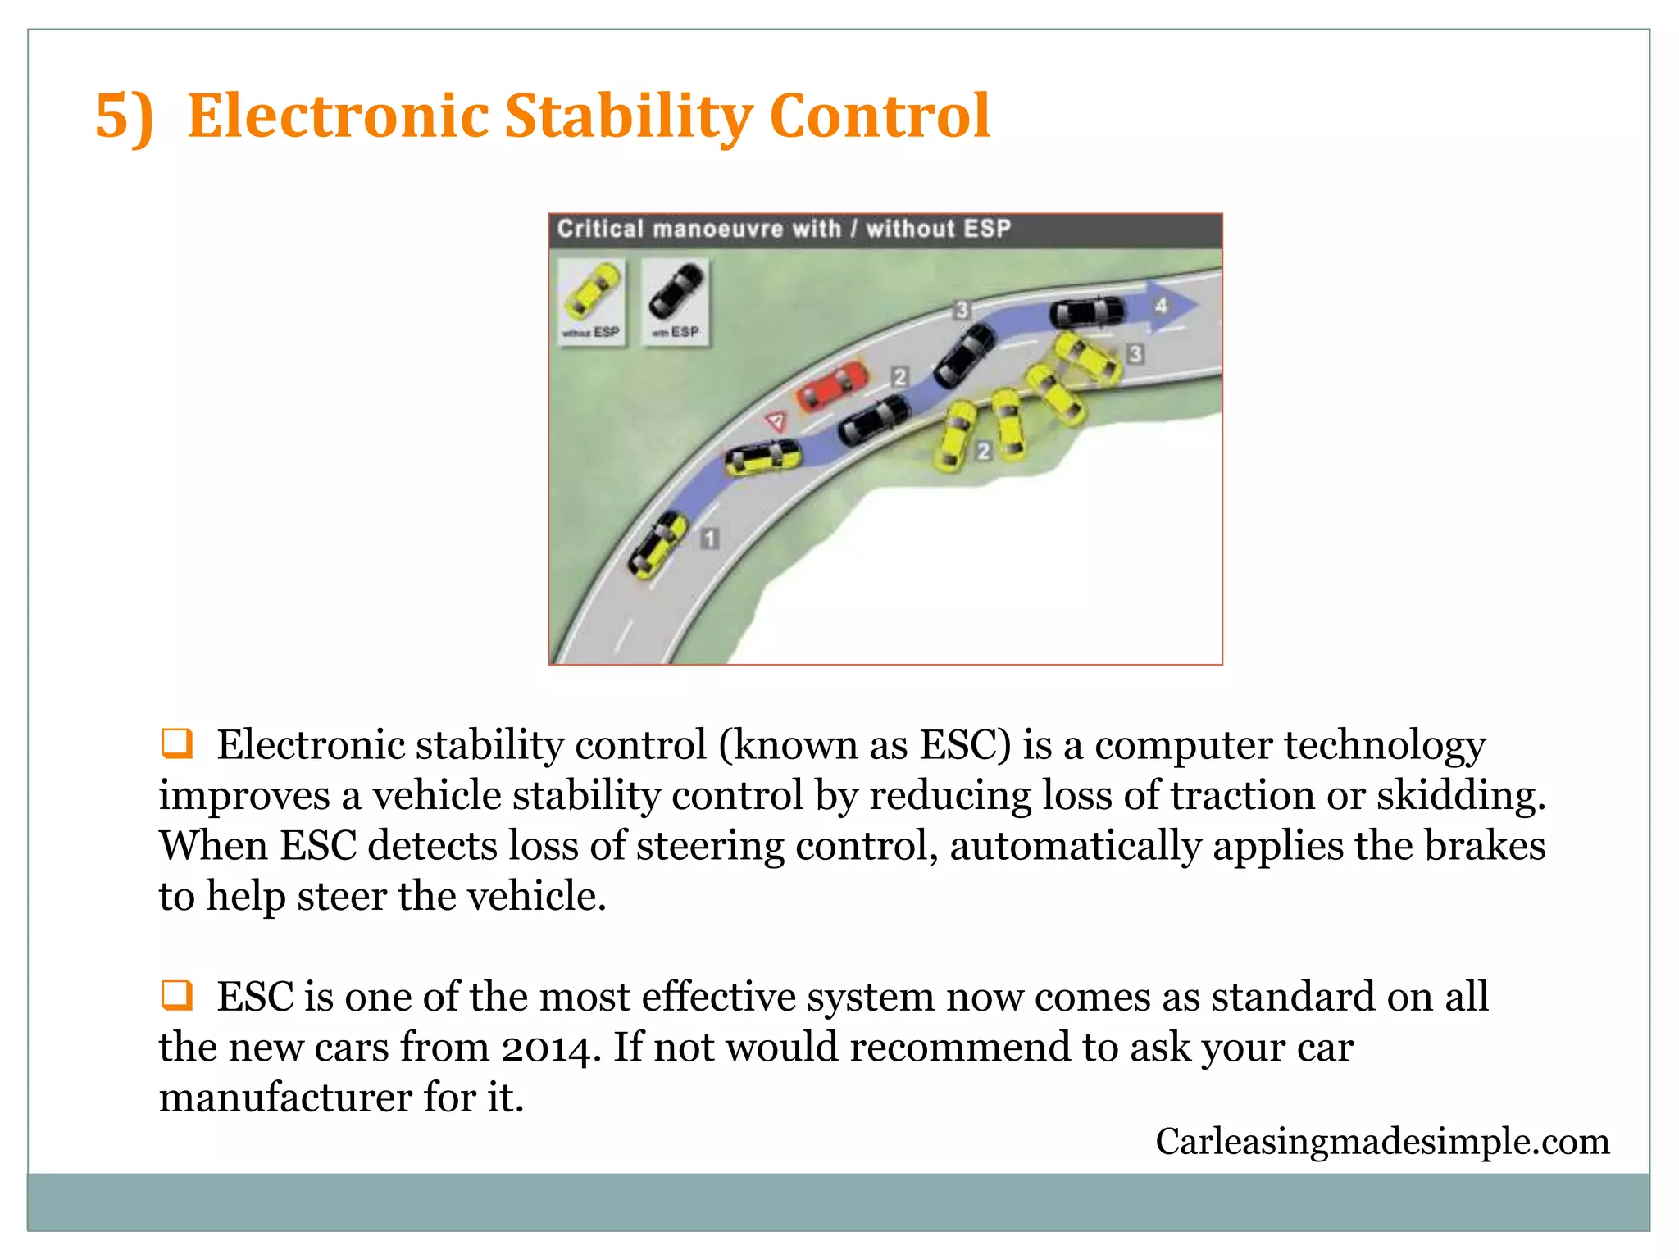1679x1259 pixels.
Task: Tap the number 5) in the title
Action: (124, 116)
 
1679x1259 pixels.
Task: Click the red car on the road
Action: (831, 385)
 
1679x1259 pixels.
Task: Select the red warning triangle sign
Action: (776, 422)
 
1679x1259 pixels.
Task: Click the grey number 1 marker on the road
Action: (710, 539)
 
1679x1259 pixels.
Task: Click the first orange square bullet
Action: (177, 743)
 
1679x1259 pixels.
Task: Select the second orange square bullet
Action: (177, 995)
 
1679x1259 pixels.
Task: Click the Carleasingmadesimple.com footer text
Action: (1382, 1142)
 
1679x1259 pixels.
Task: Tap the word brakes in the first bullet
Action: (1485, 846)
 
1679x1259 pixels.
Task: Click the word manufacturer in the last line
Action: (284, 1098)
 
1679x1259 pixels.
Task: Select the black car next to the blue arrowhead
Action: (1087, 312)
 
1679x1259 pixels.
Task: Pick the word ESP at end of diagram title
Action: (987, 229)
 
